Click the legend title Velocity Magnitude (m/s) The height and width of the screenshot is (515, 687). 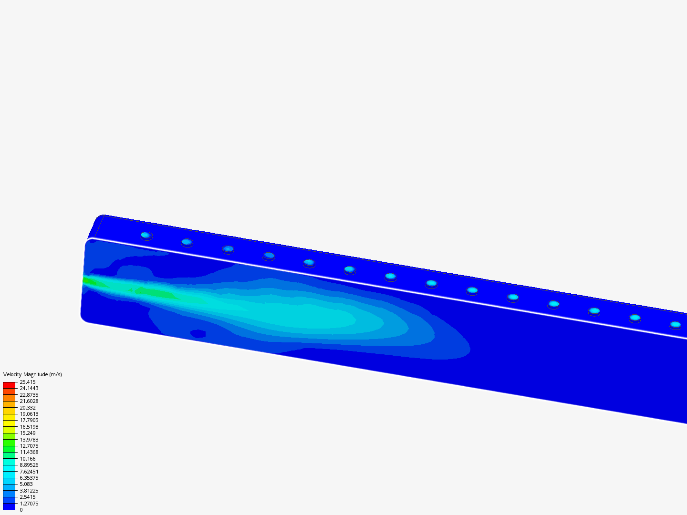[32, 374]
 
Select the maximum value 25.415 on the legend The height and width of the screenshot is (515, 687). [28, 382]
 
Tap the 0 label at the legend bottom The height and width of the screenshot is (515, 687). [21, 510]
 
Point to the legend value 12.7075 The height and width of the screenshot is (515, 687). [29, 446]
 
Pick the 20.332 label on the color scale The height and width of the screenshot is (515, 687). [28, 408]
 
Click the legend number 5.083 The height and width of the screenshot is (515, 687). [26, 484]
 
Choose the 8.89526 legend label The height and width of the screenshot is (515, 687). [29, 465]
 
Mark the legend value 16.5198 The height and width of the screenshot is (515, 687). [29, 427]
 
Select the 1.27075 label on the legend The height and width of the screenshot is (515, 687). [29, 504]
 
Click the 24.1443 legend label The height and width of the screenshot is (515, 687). [29, 388]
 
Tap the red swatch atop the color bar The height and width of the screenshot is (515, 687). [9, 385]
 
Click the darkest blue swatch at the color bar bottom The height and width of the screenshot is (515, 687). [9, 506]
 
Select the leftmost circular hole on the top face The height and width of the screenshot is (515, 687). [146, 235]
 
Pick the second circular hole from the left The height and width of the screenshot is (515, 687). [187, 242]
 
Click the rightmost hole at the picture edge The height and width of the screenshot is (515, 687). [675, 325]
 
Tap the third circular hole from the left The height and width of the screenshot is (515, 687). [228, 249]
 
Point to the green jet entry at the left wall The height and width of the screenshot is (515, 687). [88, 281]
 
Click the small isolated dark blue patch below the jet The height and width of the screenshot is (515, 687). [198, 333]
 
